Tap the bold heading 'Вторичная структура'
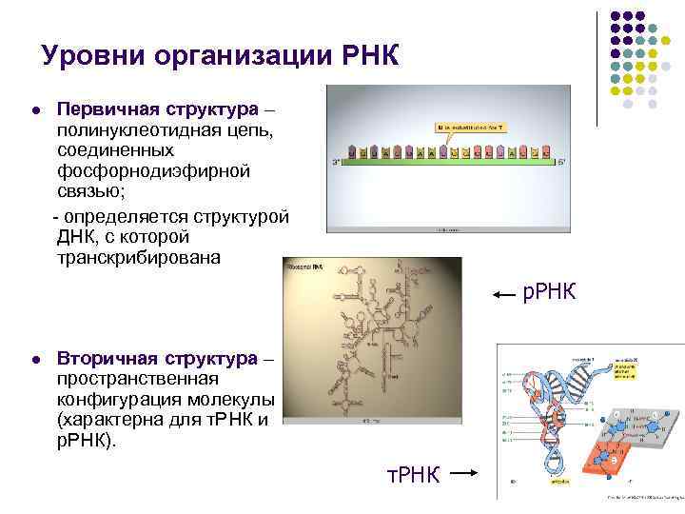coord(156,359)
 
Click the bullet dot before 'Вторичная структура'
coord(35,360)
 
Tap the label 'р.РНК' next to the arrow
coord(549,291)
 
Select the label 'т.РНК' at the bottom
coord(413,474)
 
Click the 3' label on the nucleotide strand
coord(336,162)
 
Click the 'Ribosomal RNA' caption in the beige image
coord(305,267)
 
